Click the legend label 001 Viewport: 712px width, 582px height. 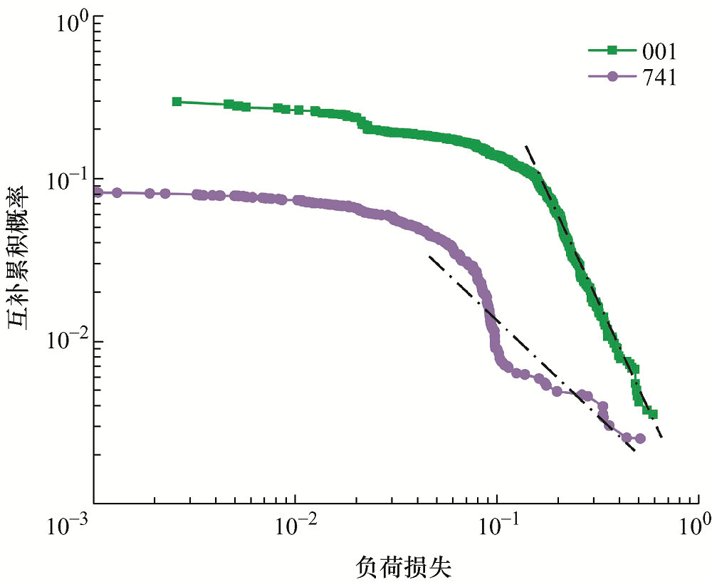[659, 51]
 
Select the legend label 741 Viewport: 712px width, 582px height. [659, 78]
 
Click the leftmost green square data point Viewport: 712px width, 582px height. [177, 102]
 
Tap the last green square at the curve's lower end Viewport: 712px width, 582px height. [653, 414]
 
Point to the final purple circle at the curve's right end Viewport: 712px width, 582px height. [639, 438]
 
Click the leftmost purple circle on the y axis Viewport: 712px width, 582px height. [98, 192]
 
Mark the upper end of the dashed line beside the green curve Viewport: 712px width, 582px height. [526, 146]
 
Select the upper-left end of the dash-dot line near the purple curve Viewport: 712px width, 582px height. [429, 256]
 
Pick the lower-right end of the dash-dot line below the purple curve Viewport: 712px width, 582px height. [634, 452]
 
